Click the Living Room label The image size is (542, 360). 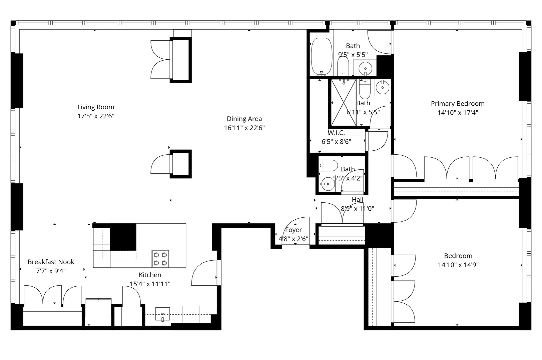click(x=96, y=107)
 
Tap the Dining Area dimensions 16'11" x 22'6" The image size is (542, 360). click(x=244, y=128)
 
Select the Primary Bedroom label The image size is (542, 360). click(x=458, y=104)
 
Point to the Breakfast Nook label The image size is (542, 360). click(x=51, y=262)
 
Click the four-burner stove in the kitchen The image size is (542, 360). click(x=160, y=259)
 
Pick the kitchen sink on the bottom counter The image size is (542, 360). click(x=162, y=314)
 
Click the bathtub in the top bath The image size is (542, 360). click(x=322, y=56)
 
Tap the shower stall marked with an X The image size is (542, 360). click(x=343, y=103)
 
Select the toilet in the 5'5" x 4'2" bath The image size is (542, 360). click(x=328, y=165)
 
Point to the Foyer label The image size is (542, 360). click(x=294, y=230)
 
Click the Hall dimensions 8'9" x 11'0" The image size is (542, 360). click(x=357, y=208)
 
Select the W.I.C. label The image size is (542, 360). click(x=336, y=133)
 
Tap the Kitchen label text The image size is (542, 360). click(x=150, y=275)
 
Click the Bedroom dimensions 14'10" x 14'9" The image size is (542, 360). click(x=458, y=265)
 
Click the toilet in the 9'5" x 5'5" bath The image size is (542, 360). click(x=343, y=66)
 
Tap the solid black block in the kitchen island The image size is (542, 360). click(x=123, y=237)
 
